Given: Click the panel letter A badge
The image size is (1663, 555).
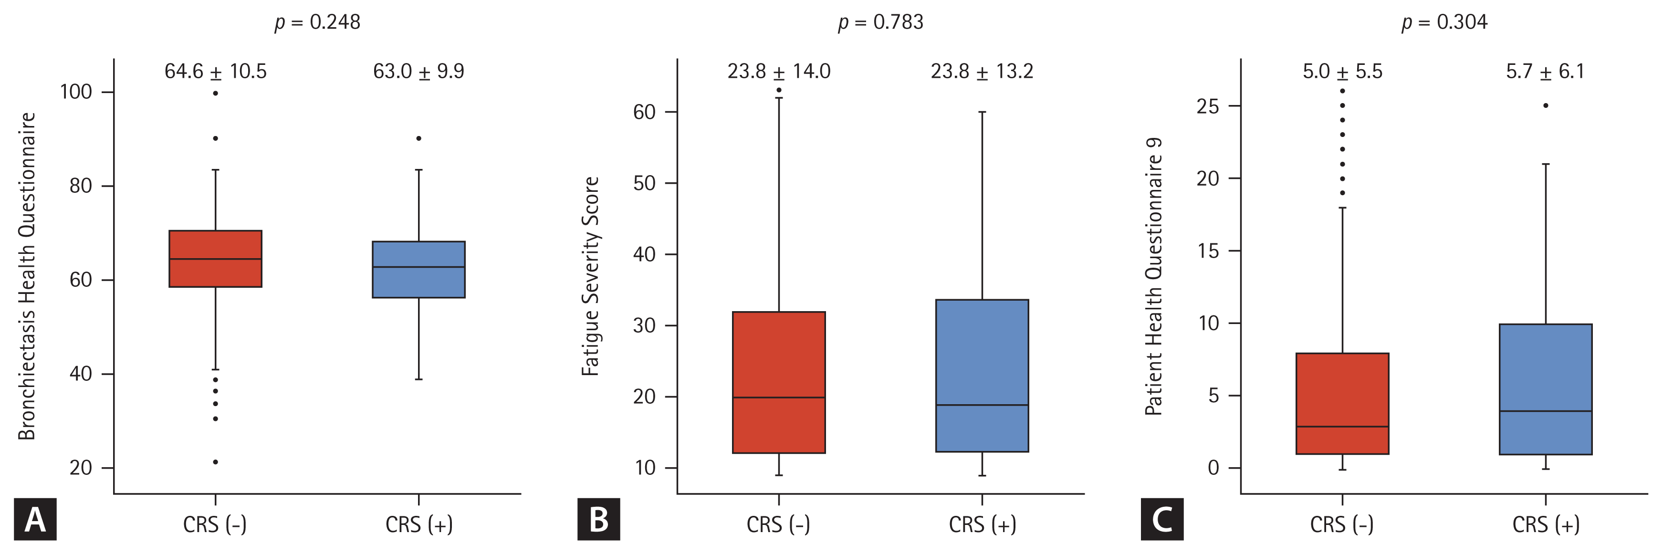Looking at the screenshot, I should (x=35, y=519).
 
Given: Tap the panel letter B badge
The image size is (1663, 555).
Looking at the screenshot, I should (x=598, y=519).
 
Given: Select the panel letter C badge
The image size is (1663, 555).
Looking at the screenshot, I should (x=1161, y=519).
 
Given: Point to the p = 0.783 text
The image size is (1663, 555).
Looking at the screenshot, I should (x=880, y=22).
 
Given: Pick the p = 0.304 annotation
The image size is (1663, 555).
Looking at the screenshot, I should (x=1444, y=22).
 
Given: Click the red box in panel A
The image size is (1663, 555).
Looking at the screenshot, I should (x=215, y=258).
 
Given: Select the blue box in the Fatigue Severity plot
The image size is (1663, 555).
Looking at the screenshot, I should (x=982, y=376).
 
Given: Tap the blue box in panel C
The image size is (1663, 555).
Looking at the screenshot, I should (x=1546, y=389).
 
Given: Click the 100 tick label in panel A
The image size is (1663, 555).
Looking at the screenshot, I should (x=76, y=92).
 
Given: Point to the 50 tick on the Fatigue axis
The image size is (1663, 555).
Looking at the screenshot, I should (x=644, y=183).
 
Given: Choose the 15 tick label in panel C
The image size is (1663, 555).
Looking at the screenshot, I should (x=1208, y=251).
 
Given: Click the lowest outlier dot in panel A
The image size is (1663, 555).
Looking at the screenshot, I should (x=215, y=462).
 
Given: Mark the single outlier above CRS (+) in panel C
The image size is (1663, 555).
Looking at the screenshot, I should (x=1546, y=105).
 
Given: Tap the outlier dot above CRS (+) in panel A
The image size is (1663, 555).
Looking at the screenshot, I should (x=418, y=138).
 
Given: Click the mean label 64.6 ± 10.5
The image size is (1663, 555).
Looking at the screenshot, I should (x=215, y=71).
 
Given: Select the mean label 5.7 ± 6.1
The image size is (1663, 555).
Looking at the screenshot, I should (x=1545, y=71).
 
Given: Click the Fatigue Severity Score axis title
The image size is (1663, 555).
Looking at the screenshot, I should (x=590, y=276).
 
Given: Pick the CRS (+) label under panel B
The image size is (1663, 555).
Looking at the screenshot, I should (x=982, y=524).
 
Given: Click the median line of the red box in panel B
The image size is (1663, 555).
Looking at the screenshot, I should (x=779, y=398).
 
